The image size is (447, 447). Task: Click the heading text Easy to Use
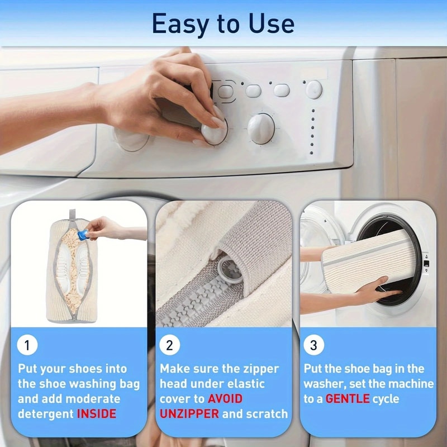coord(223,23)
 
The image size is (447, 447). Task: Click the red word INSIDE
coord(97,414)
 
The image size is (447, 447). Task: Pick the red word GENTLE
coord(348,399)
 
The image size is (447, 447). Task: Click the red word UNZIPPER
coord(189,414)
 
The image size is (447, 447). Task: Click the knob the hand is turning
coord(215,132)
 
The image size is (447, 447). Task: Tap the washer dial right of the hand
coord(261,129)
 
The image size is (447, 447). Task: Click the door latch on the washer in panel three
coord(426,263)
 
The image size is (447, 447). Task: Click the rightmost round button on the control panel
coord(314,89)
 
